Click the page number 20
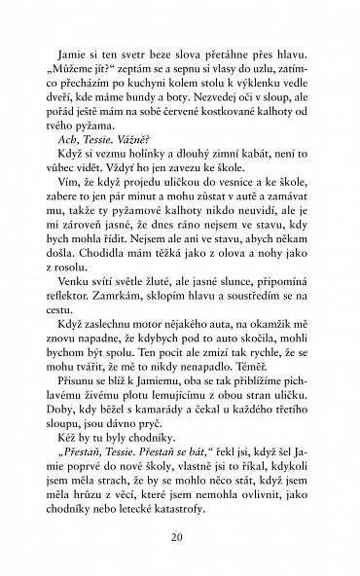[180, 537]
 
